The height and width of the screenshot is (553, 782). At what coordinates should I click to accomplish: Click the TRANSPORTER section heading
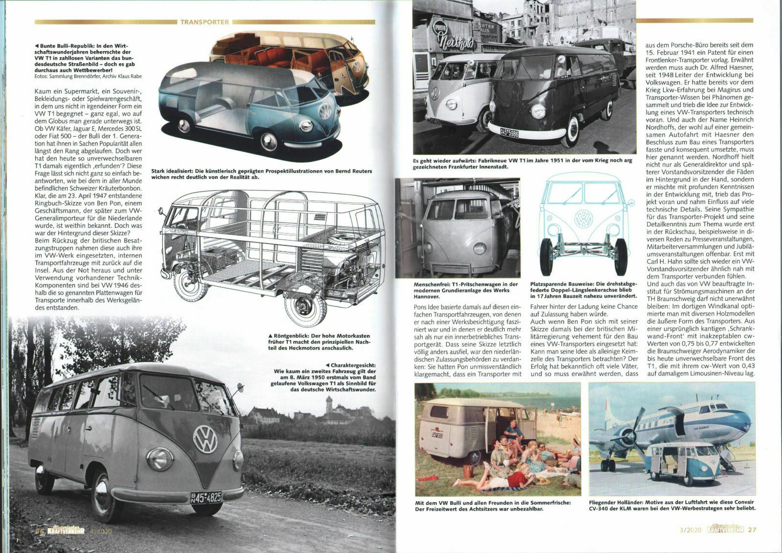(204, 22)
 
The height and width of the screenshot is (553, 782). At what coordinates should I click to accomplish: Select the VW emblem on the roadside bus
(204, 439)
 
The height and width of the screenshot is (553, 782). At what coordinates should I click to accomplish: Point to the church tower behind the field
(329, 404)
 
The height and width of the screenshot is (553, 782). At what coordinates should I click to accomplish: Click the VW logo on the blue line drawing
(583, 219)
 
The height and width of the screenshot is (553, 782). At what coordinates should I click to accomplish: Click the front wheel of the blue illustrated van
(268, 140)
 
